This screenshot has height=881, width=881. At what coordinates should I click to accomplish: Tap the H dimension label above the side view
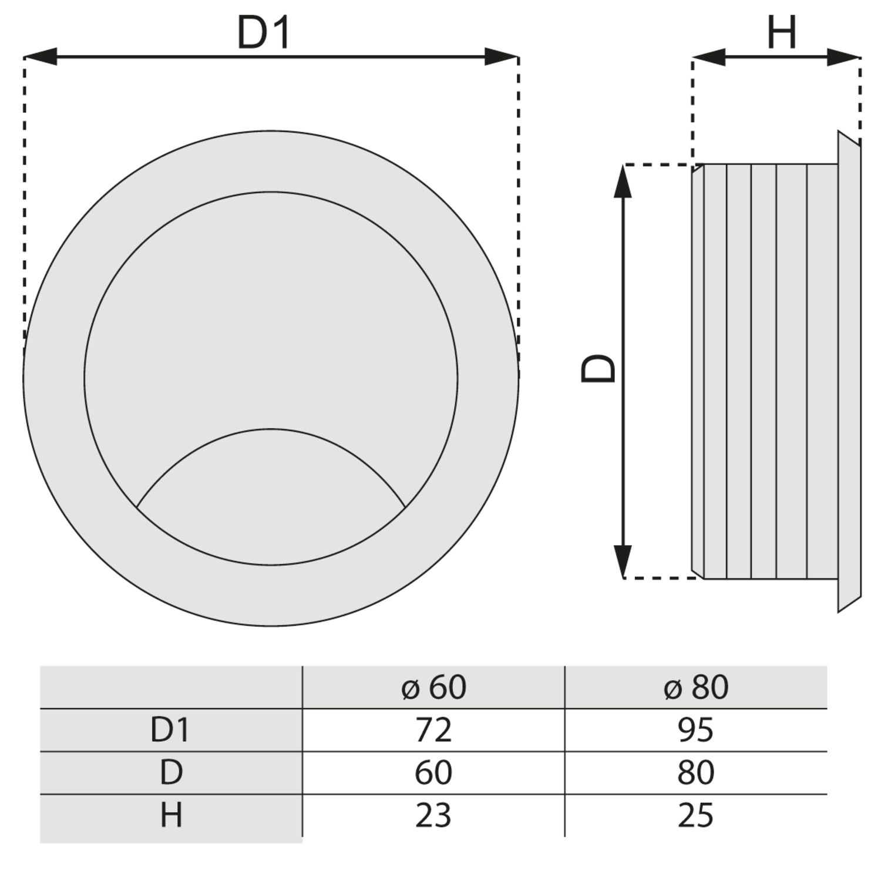tap(782, 33)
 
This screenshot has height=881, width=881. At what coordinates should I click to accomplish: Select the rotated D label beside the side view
tap(598, 368)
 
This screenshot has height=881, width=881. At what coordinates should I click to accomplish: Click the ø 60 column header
tap(433, 687)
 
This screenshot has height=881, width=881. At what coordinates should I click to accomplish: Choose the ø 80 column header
tap(695, 687)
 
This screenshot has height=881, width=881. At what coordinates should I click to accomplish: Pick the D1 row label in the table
tap(170, 729)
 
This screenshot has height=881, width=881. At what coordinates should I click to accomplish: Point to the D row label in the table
tap(171, 772)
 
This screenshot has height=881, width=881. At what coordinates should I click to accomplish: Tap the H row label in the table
tap(171, 815)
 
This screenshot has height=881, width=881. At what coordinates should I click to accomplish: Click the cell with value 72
tap(433, 729)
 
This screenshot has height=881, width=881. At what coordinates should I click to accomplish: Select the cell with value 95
tap(695, 729)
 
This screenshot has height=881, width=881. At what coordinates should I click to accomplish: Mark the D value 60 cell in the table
tap(433, 772)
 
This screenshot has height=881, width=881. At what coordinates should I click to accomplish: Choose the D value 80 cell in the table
tap(695, 772)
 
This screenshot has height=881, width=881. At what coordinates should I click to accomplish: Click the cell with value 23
tap(433, 815)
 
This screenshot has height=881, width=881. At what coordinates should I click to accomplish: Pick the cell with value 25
tap(695, 815)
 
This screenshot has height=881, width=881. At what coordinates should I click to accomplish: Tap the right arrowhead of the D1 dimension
tap(502, 57)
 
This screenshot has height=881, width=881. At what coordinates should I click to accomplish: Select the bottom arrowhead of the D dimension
tap(623, 561)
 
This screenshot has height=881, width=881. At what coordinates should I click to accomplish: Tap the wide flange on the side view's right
tap(849, 371)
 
